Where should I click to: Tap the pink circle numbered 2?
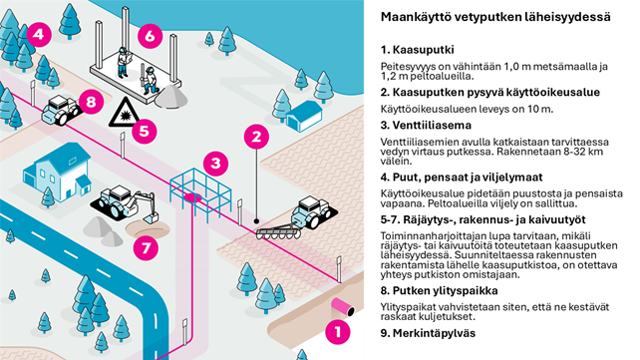pos(256,136)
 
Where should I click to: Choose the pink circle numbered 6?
pos(149,36)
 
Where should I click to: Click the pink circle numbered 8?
pos(91,101)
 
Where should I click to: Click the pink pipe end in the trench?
pos(348,302)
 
